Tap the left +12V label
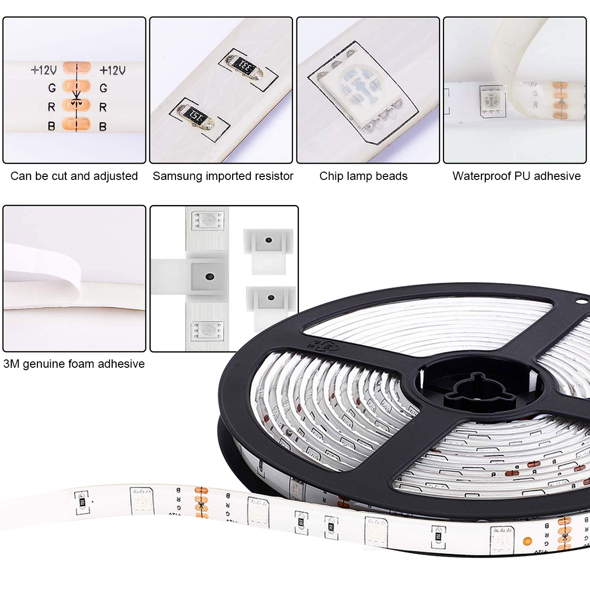pyautogui.click(x=44, y=70)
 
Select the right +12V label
pyautogui.click(x=113, y=70)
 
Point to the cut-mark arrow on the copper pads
pyautogui.click(x=76, y=99)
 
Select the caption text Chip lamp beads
pyautogui.click(x=363, y=176)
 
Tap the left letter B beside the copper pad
pyautogui.click(x=52, y=126)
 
